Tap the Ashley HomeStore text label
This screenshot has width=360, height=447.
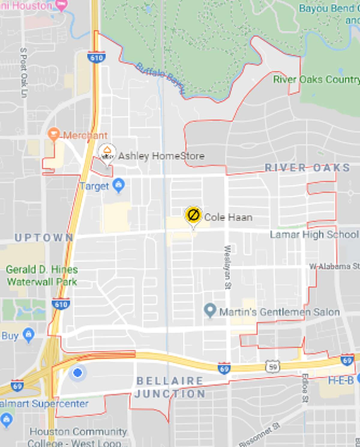coord(161,156)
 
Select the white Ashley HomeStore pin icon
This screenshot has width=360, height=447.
coord(107,152)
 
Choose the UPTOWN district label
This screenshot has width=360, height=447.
coord(44,238)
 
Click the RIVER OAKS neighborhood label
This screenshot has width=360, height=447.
coord(307,168)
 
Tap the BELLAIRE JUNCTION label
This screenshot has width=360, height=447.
coord(170,387)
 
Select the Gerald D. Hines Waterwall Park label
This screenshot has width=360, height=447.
coord(42,276)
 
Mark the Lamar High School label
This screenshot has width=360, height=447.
coord(314,234)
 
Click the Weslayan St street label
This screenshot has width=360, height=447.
coord(228,267)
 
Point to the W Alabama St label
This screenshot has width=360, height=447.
coord(334,266)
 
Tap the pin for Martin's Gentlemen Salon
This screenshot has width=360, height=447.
coord(210,310)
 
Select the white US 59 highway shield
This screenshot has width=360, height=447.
coord(272,366)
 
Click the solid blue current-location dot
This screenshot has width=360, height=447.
coord(77,373)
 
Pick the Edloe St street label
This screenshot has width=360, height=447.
coord(304,388)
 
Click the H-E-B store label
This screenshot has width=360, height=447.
coord(341,380)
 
